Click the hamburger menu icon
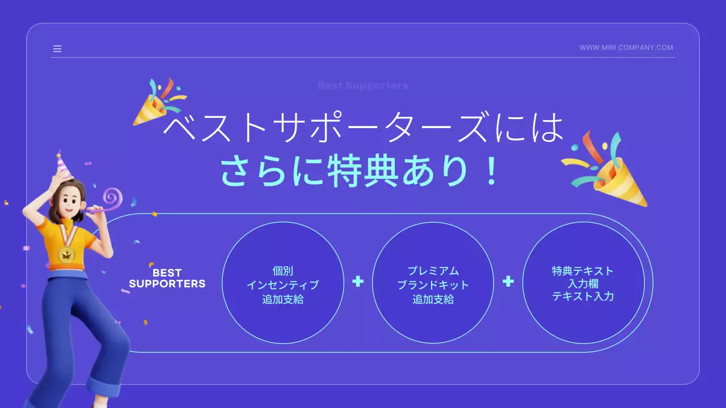57,49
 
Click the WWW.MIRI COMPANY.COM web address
626,48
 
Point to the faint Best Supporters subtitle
362,86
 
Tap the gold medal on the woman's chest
67,254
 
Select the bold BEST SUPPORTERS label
167,279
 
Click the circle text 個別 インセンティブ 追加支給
282,285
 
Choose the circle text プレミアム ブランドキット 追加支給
433,285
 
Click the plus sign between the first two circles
357,281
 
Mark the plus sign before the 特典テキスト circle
508,281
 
